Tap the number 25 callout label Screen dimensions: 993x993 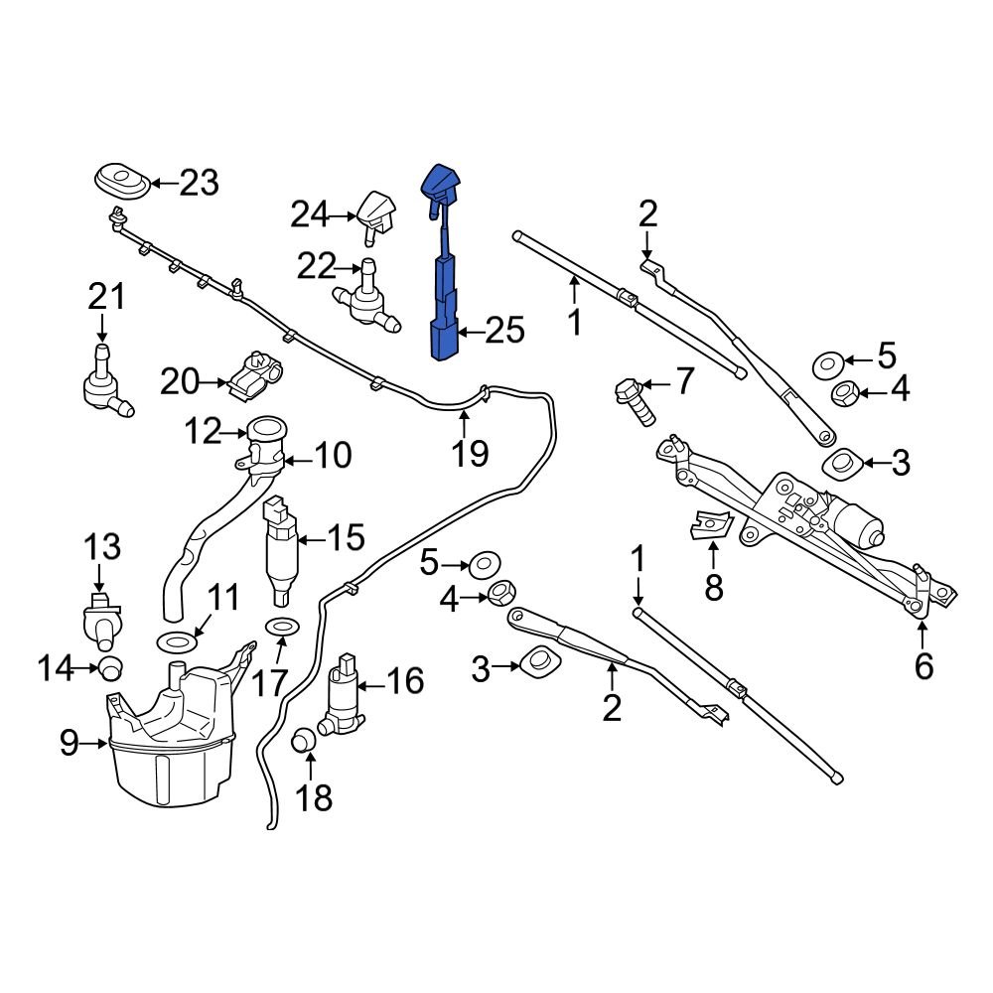(503, 331)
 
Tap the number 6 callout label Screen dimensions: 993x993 (923, 665)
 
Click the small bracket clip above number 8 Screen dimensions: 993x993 (711, 523)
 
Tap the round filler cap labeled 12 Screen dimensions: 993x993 (265, 433)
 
